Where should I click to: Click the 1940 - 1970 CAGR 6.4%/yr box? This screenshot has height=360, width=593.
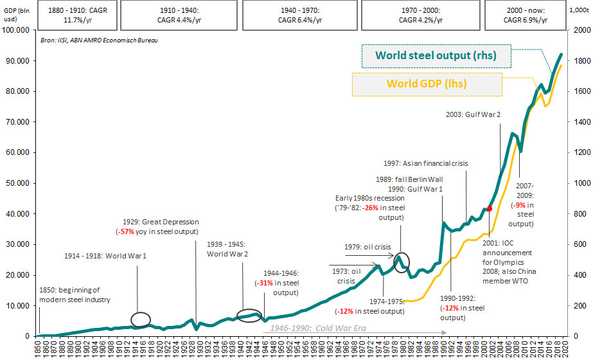point(301,15)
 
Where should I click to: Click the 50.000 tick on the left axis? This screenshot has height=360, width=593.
point(20,183)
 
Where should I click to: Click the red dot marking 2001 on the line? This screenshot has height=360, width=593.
point(490,208)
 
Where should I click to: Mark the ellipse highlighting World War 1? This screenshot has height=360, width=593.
point(141,319)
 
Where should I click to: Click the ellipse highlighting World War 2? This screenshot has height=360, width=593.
point(249,315)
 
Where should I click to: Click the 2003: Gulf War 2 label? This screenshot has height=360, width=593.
point(474,114)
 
